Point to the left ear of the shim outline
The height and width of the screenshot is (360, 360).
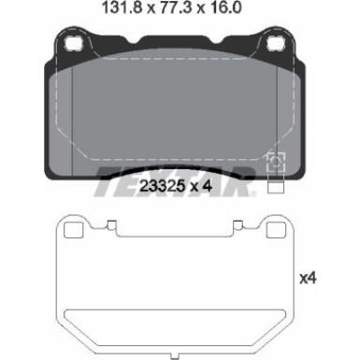(70, 231)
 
